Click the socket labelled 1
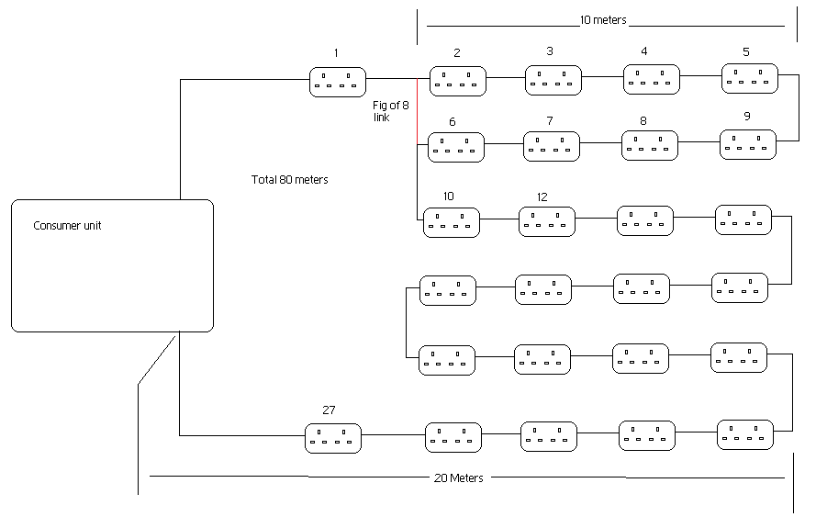coord(337,82)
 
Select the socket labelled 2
coord(457,82)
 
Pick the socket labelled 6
coord(456,147)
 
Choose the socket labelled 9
coord(747,144)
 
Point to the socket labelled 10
coord(451,222)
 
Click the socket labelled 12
coord(547,221)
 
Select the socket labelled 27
coord(332,438)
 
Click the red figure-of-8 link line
coord(418,112)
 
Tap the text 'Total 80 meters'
coord(289,180)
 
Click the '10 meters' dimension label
coord(603,19)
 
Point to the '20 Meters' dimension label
coord(459,477)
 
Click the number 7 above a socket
coord(549,121)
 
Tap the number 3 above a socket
coord(549,51)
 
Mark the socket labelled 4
coord(651,79)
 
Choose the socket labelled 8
coord(649,145)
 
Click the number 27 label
coord(330,410)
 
